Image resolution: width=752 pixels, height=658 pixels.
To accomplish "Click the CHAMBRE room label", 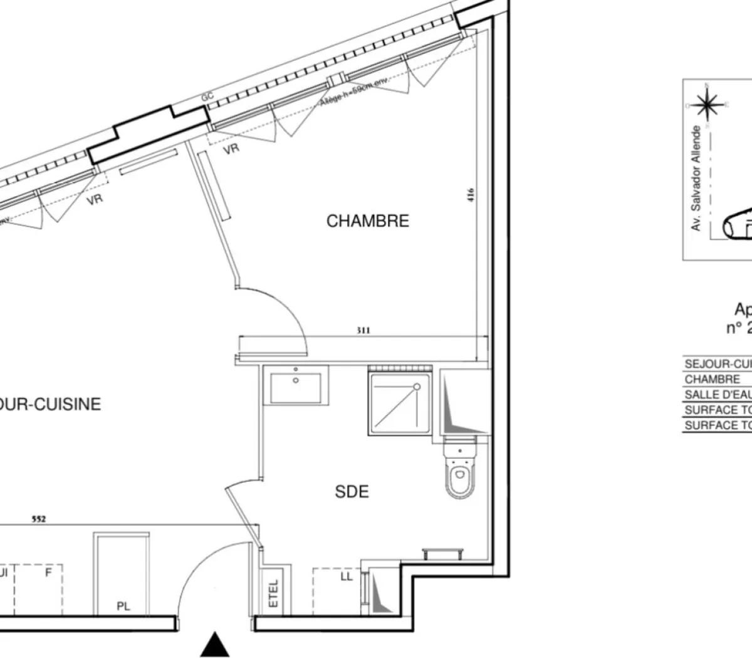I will [367, 221].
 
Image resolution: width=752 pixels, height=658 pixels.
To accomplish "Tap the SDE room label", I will [352, 492].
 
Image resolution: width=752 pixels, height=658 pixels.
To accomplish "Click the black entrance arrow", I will [214, 645].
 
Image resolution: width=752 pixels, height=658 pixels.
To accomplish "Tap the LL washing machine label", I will [347, 577].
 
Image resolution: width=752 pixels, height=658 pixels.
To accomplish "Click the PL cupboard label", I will [123, 606].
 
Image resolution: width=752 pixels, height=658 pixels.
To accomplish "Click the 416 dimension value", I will [471, 196].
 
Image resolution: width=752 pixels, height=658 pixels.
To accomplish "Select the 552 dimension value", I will [39, 519].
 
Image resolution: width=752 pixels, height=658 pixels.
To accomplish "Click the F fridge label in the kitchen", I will [48, 572].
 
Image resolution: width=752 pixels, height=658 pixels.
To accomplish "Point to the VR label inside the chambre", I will [231, 149].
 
